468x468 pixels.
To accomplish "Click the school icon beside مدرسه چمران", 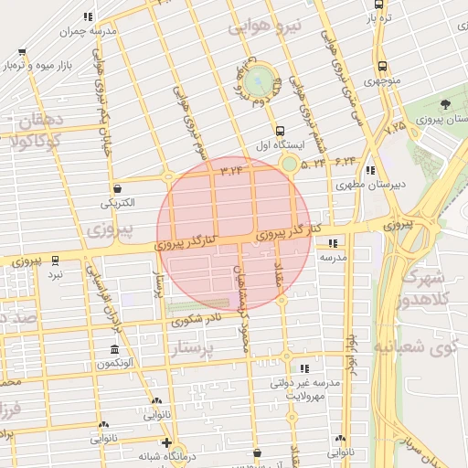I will coord(87,16).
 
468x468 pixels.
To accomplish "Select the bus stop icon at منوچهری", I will coord(381,66).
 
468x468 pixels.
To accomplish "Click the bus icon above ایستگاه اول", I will coord(280,130).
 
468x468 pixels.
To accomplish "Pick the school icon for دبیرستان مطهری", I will coord(369,170).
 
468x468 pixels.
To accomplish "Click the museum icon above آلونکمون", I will coord(114,350).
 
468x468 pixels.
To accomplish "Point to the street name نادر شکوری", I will coord(196,318).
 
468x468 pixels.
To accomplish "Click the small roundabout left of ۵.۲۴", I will coord(289,165).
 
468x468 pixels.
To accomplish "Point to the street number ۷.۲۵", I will coord(396,129).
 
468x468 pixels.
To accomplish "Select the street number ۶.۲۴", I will coord(344,161).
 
